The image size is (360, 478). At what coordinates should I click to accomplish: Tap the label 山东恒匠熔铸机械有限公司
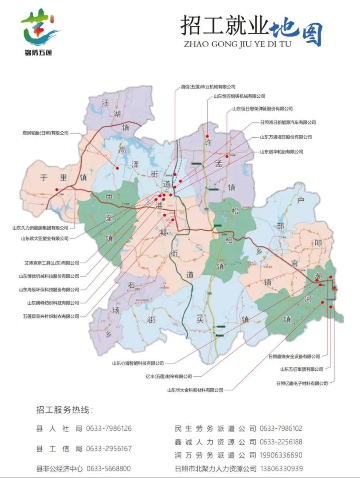239,96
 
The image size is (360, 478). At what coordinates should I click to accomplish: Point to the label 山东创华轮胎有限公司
281,152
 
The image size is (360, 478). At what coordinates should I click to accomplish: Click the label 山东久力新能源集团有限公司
40,228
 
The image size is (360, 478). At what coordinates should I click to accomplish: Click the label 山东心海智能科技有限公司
138,364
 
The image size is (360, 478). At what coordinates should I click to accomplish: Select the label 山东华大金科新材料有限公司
195,390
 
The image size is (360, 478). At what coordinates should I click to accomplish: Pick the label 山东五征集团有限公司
302,369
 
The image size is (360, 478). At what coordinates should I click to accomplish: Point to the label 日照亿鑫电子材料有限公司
302,384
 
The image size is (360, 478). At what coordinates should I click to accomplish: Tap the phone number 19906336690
281,456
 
